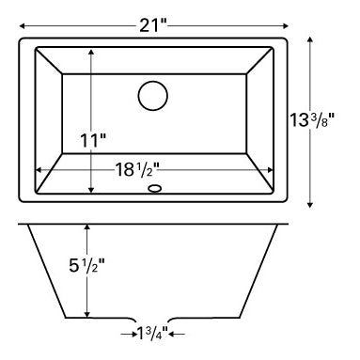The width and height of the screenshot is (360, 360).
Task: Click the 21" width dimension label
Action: [x=152, y=25]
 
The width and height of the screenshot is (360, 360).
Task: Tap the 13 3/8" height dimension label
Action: [x=312, y=119]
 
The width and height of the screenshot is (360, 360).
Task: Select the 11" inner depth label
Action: [x=93, y=140]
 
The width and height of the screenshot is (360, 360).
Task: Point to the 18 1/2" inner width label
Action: [x=137, y=170]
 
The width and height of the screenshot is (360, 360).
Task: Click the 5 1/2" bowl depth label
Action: [x=86, y=266]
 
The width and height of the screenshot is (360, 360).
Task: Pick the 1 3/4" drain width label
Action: [x=152, y=334]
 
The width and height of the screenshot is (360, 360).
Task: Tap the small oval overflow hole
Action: [x=154, y=189]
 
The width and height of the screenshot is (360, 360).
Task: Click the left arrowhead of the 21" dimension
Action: [x=22, y=26]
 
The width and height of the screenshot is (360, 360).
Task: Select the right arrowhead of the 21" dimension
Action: [x=285, y=26]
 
